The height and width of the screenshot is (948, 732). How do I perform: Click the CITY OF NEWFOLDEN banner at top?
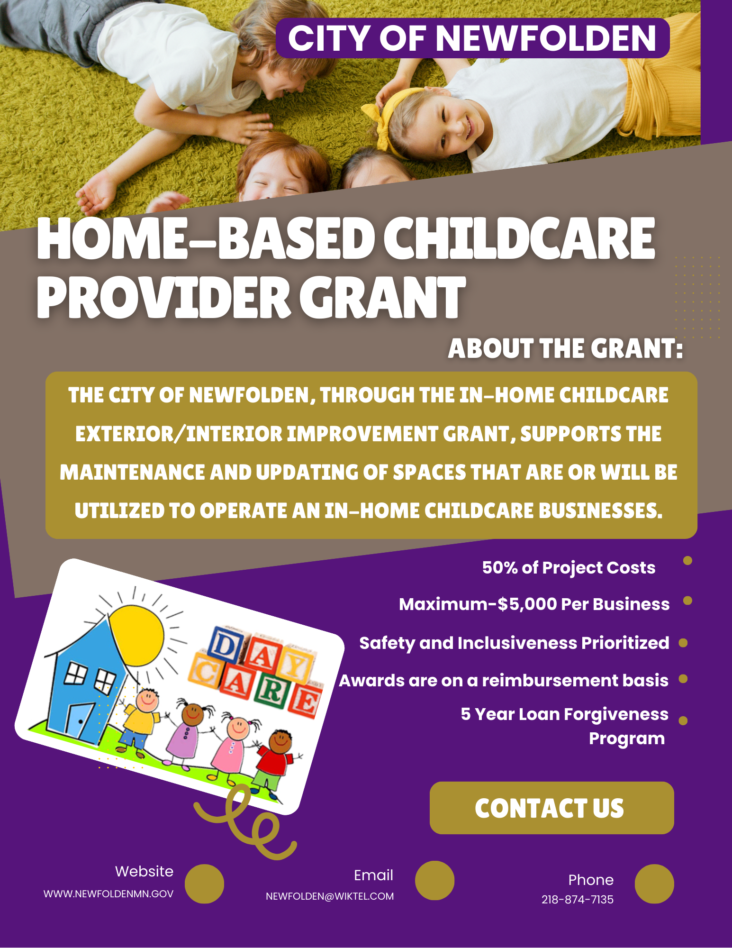(472, 38)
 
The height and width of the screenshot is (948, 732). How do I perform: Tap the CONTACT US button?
(551, 808)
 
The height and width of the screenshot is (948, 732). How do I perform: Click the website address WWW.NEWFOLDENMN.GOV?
(108, 894)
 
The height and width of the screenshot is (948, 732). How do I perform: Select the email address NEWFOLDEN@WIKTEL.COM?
(330, 896)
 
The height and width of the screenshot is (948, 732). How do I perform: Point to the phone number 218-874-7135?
(578, 900)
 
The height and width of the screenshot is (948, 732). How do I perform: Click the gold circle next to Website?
(204, 884)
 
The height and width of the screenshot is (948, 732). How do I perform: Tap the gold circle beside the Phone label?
(654, 884)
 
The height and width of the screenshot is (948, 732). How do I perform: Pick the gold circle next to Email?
(434, 880)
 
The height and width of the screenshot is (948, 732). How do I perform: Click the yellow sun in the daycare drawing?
(136, 634)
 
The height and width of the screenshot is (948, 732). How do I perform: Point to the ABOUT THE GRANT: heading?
(566, 349)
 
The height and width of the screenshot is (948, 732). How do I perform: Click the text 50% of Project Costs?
(569, 567)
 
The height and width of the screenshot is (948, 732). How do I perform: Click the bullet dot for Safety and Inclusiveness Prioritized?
(683, 643)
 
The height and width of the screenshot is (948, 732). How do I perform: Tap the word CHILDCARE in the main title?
(519, 239)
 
